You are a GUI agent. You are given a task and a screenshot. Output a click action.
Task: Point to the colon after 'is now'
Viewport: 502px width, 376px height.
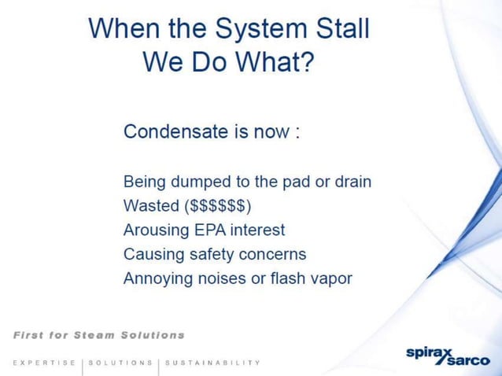coord(296,132)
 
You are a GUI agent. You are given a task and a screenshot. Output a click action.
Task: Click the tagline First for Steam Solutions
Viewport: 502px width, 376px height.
coord(99,334)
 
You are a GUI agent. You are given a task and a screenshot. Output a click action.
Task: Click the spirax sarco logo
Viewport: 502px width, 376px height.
coord(445,356)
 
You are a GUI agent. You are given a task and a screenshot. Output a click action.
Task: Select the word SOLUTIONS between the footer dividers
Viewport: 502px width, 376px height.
coord(121,363)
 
